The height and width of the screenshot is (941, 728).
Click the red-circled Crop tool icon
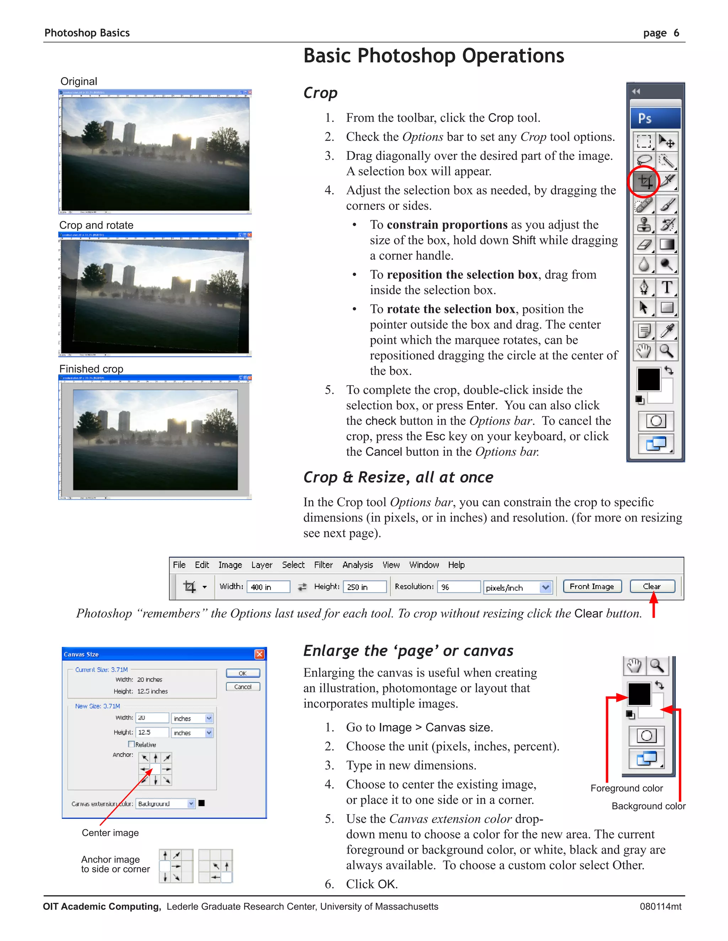(645, 181)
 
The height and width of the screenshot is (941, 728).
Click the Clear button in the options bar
(652, 586)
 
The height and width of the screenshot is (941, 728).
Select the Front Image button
(592, 586)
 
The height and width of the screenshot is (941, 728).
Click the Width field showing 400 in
(268, 587)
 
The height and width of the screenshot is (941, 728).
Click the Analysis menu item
(358, 565)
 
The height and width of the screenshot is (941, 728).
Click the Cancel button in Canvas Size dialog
(243, 687)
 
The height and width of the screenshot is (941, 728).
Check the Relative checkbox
(131, 744)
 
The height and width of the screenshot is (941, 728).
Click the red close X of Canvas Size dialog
(259, 654)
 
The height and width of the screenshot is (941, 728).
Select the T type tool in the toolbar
(667, 287)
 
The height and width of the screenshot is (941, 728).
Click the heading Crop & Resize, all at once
(398, 477)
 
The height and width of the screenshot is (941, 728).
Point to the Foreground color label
(626, 788)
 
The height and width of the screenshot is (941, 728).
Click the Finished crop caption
(91, 369)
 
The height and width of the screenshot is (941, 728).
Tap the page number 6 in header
(676, 33)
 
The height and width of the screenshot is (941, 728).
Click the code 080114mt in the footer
(660, 907)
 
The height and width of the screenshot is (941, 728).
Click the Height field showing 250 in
(364, 587)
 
